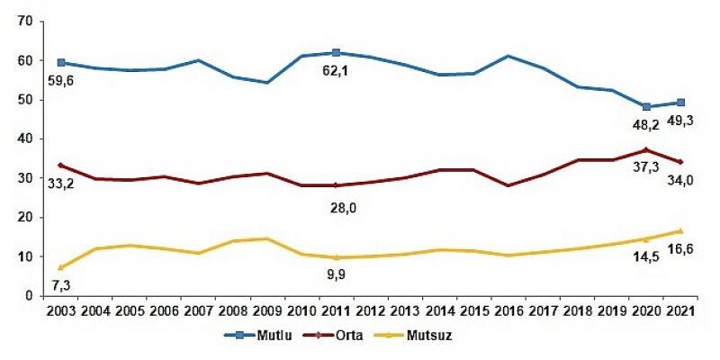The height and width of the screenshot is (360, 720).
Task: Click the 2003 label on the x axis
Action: (59, 311)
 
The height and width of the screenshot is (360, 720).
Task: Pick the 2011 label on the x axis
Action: (336, 311)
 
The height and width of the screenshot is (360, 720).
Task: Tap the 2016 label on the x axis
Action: (508, 311)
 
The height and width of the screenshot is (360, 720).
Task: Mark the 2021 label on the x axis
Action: (681, 311)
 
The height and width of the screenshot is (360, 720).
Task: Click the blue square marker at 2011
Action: (336, 53)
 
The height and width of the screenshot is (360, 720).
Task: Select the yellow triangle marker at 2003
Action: (59, 267)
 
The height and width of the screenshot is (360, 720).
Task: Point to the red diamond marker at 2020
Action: (646, 149)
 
